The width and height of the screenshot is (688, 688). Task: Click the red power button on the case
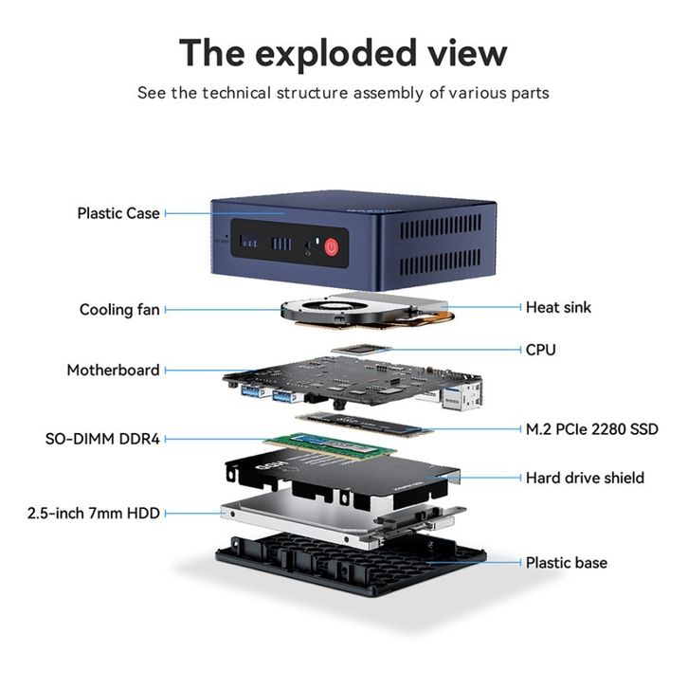[x=332, y=247]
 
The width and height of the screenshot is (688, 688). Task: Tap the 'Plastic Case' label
[x=118, y=213]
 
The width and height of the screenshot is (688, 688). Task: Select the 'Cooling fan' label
[x=119, y=310]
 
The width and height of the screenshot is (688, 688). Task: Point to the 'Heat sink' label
[x=558, y=307]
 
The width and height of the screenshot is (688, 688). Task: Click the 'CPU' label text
[x=540, y=350]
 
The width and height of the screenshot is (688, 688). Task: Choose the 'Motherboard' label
[x=113, y=371]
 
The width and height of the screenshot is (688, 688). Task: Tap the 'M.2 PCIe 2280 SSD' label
[x=592, y=429]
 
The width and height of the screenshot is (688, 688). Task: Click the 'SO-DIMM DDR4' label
[x=102, y=439]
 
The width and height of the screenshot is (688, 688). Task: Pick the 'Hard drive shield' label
[x=585, y=478]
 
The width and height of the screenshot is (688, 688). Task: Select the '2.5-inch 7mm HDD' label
[x=94, y=513]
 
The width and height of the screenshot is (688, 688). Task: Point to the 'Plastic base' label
[x=567, y=563]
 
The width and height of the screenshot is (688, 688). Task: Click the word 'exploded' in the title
[x=335, y=53]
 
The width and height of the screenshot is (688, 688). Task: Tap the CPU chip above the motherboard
[x=361, y=349]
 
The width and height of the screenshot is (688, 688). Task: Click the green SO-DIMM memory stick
[x=330, y=445]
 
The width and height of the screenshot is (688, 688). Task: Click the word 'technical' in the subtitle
[x=237, y=93]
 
